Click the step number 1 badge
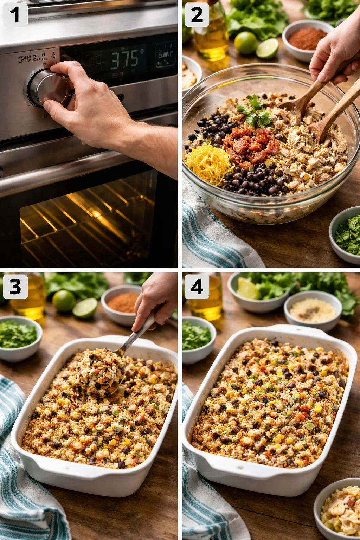tap(15, 15)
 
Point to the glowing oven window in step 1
tap(88, 221)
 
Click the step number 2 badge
tap(197, 15)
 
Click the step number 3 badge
tap(15, 287)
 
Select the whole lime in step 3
tap(64, 301)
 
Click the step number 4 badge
tap(197, 287)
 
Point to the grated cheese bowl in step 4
tap(313, 311)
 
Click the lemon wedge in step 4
tap(247, 288)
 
